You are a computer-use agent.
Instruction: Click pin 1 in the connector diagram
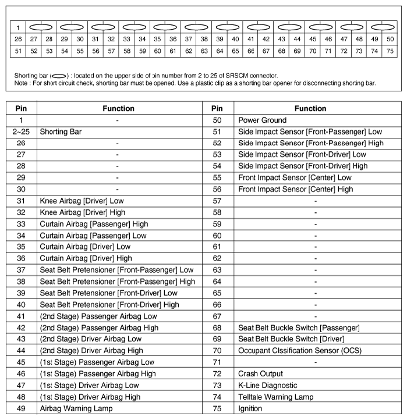(18, 27)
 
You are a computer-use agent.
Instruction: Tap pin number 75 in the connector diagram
(390, 51)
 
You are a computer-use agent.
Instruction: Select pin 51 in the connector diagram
(18, 51)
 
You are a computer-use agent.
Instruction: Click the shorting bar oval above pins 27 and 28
(41, 27)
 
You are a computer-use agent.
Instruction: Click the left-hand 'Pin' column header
(21, 108)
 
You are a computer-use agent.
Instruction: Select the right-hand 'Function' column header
(310, 108)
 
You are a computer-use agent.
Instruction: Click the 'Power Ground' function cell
(262, 120)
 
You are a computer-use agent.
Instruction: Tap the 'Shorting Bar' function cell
(61, 131)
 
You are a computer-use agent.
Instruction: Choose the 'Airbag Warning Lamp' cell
(76, 408)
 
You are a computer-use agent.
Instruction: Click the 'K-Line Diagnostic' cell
(267, 385)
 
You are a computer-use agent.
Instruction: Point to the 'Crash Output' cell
(260, 373)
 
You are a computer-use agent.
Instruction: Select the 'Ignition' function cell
(252, 408)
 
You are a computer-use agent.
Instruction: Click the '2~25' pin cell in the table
(21, 131)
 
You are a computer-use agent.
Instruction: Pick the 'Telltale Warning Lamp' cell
(275, 397)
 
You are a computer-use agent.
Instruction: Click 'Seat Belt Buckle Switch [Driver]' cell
(291, 339)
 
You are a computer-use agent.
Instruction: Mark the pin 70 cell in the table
(217, 351)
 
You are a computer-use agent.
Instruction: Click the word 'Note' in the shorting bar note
(23, 83)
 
